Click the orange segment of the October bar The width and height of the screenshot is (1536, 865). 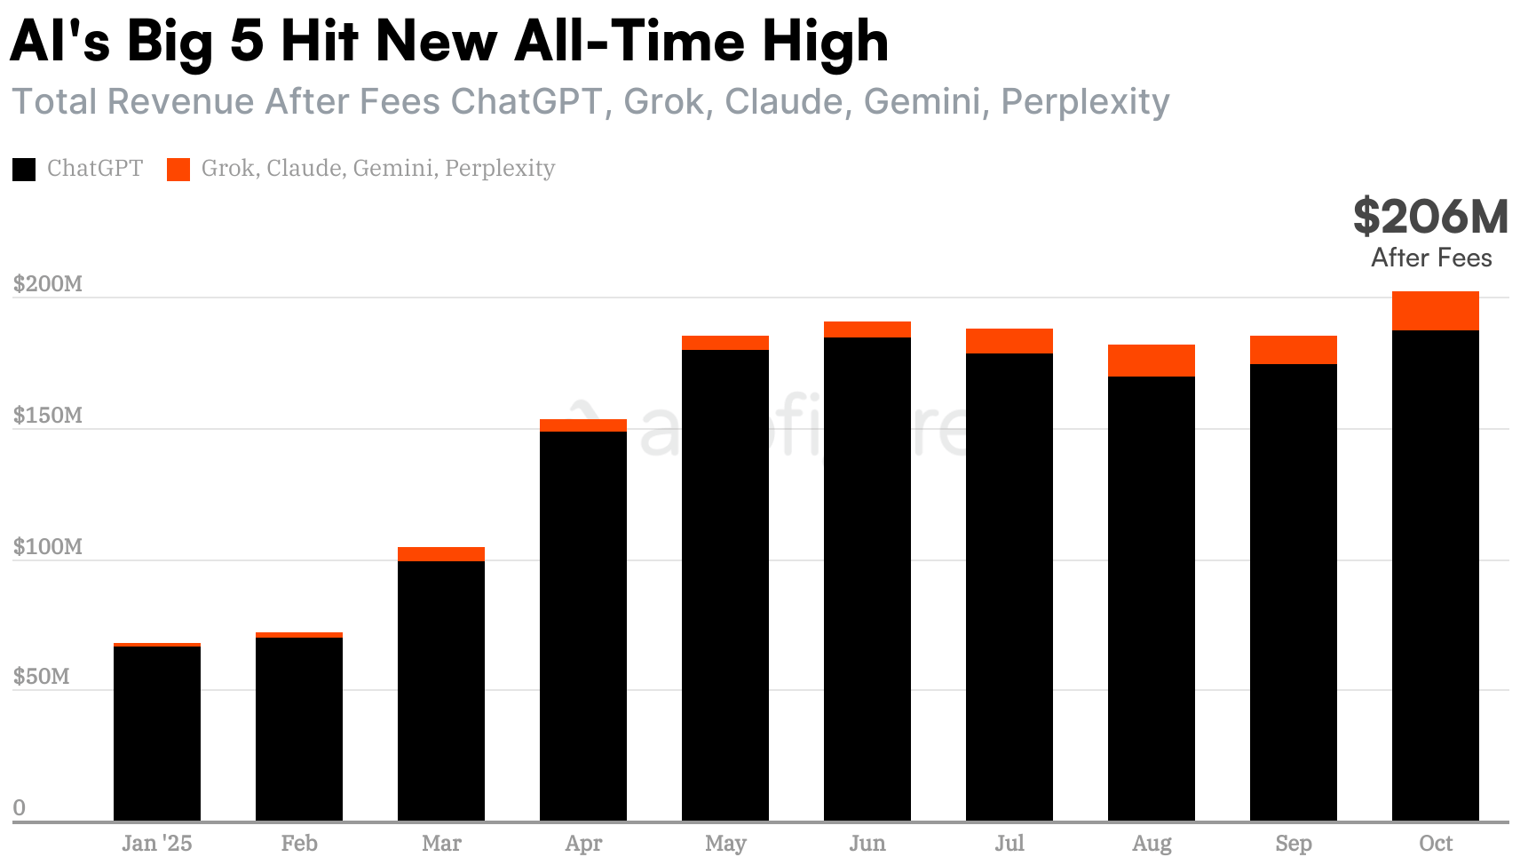pos(1435,311)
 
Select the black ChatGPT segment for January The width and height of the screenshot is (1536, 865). pos(157,734)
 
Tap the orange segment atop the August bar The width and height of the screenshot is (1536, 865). pos(1151,361)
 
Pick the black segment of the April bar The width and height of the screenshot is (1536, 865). pos(583,626)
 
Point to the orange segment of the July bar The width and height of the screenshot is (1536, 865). pos(1009,341)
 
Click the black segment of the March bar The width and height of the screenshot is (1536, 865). pos(441,691)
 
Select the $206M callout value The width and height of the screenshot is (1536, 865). pos(1430,217)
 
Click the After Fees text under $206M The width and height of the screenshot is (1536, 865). pos(1431,258)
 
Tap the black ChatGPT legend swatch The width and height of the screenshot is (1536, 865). pos(24,169)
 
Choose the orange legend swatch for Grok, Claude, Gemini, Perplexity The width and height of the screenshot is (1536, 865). pos(178,169)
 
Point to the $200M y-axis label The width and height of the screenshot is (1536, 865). pos(48,284)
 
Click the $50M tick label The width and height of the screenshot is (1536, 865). pos(41,677)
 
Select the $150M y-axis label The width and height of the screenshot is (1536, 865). pos(48,416)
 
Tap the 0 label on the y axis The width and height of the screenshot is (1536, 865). pos(20,807)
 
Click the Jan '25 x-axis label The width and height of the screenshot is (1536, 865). pos(157,843)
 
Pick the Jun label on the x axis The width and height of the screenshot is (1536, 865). pos(867,843)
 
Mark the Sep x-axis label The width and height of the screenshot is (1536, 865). pos(1293,843)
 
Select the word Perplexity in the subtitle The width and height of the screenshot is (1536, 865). pos(1085,101)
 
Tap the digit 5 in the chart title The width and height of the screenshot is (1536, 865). pos(246,41)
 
